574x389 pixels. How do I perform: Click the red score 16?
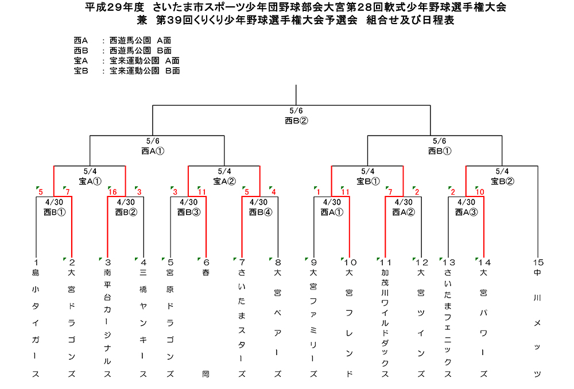[113, 192]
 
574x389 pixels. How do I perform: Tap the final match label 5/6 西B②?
[296, 115]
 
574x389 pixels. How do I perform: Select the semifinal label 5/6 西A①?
[153, 146]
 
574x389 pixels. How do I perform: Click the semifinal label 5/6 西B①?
[440, 146]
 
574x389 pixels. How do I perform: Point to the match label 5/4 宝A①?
[90, 176]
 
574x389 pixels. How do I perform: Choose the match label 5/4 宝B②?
[502, 176]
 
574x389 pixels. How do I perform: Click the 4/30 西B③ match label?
[188, 207]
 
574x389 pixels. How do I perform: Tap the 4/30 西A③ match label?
[466, 207]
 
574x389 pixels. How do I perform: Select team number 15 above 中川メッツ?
[538, 263]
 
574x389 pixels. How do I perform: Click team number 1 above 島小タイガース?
[36, 263]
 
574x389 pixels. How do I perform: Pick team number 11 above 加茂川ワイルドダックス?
[386, 263]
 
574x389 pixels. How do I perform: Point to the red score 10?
[480, 192]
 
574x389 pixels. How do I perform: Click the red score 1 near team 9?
[319, 192]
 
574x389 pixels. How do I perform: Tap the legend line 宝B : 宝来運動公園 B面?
[127, 71]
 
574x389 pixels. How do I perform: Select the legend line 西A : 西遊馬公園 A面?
[123, 40]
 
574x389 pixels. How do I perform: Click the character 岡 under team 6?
[205, 374]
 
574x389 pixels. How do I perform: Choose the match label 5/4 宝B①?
[368, 176]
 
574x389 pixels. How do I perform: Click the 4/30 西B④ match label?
[260, 207]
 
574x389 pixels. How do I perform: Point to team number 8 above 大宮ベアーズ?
[278, 263]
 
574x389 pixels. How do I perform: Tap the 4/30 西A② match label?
[404, 207]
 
